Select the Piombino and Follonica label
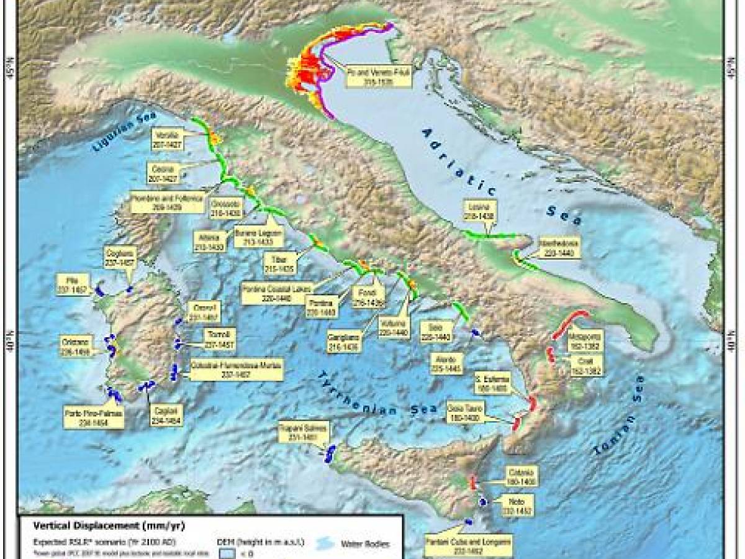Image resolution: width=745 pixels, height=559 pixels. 168,202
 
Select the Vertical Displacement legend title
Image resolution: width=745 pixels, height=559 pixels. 109,525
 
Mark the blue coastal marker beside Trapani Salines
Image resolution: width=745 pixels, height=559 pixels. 330,453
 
